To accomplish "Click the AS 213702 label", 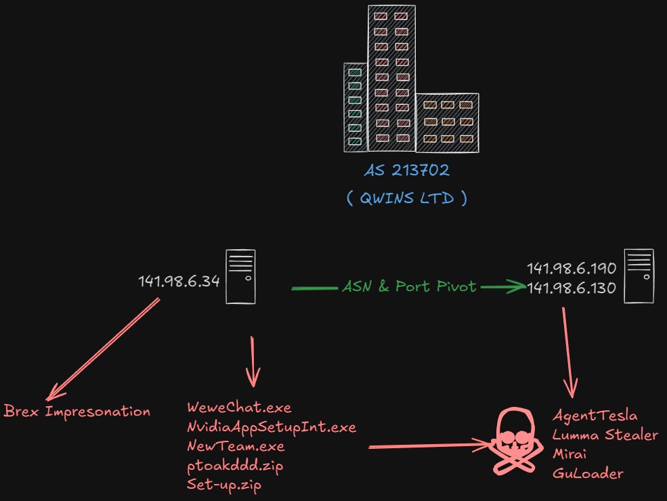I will point(406,171).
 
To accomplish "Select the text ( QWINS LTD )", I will point(406,200).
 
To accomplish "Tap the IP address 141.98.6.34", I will point(179,281).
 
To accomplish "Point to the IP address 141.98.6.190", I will point(572,268).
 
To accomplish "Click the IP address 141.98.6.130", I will point(572,288).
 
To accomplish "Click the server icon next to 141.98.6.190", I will point(639,276).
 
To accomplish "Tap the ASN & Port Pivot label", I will point(409,287).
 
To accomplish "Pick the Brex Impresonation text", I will point(77,411).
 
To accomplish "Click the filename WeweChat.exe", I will point(238,408).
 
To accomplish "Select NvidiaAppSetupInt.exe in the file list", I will point(271,427).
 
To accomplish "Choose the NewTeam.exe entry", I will point(236,446).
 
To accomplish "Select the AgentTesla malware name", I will point(595,416).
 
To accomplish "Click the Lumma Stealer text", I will point(605,435).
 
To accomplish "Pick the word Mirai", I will point(569,454).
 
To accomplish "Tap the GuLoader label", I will point(586,473).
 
